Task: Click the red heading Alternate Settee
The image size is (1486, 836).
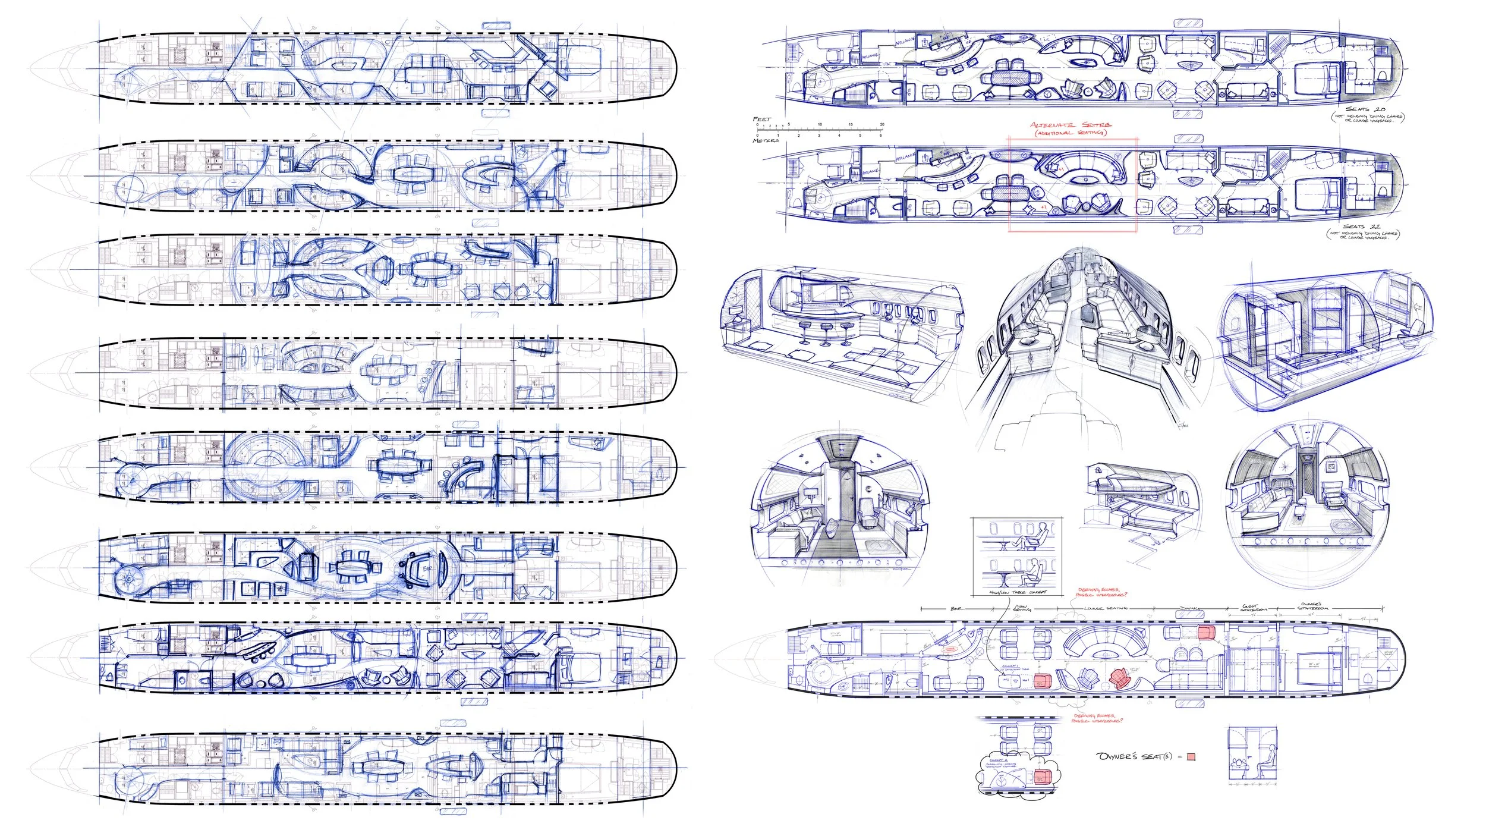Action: point(1070,125)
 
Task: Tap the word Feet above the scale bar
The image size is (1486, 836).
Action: point(761,119)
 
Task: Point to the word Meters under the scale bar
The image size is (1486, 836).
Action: point(766,141)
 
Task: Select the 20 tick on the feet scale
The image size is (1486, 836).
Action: point(881,125)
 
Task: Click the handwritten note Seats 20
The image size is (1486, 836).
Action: point(1365,109)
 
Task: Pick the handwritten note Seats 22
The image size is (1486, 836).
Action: point(1362,227)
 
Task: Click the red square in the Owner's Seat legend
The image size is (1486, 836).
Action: point(1191,757)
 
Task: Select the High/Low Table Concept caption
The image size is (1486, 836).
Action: point(1016,592)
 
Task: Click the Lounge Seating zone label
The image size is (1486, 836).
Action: point(1106,608)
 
